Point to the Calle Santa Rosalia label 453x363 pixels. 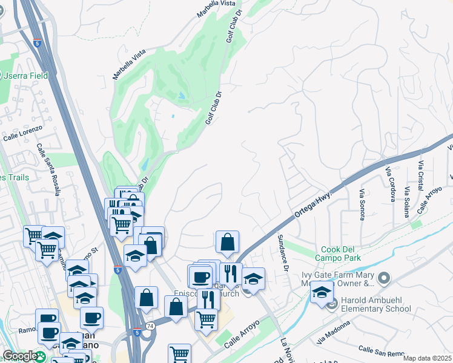click(48, 169)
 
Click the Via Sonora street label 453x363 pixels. click(362, 204)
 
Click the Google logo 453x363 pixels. click(20, 356)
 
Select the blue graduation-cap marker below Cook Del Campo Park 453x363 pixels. click(322, 293)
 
